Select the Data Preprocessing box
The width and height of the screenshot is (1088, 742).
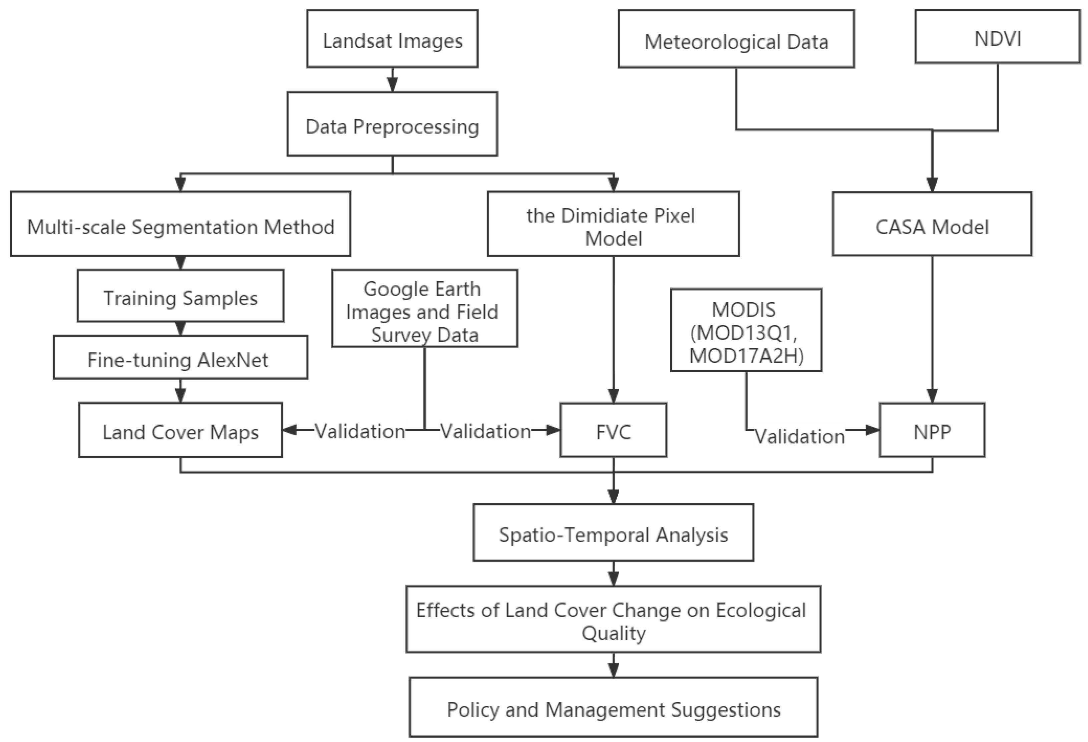pyautogui.click(x=392, y=124)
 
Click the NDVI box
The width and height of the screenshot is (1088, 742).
pyautogui.click(x=997, y=37)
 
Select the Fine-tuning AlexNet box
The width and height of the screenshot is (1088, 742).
pyautogui.click(x=181, y=358)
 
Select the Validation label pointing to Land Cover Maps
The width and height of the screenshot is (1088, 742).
pyautogui.click(x=360, y=431)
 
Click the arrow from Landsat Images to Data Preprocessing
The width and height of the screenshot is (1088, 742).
pyautogui.click(x=392, y=80)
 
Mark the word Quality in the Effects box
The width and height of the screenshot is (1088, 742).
pyautogui.click(x=613, y=633)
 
